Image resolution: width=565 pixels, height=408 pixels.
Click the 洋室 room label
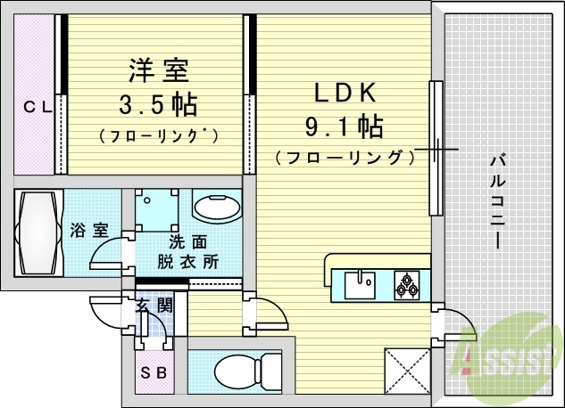(156, 69)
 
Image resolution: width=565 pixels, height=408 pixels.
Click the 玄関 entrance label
(154, 307)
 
